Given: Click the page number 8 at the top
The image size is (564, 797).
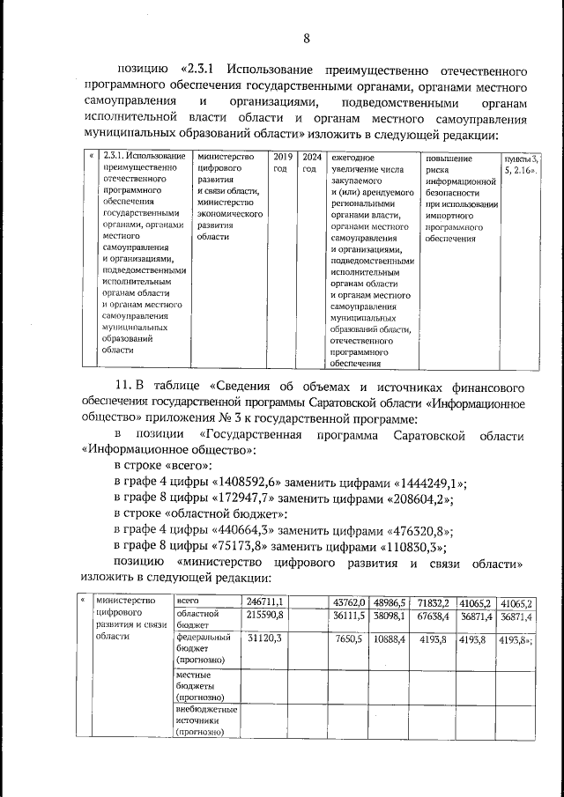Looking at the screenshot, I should [x=307, y=38].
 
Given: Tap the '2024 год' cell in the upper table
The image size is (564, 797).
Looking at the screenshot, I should [x=310, y=163].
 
